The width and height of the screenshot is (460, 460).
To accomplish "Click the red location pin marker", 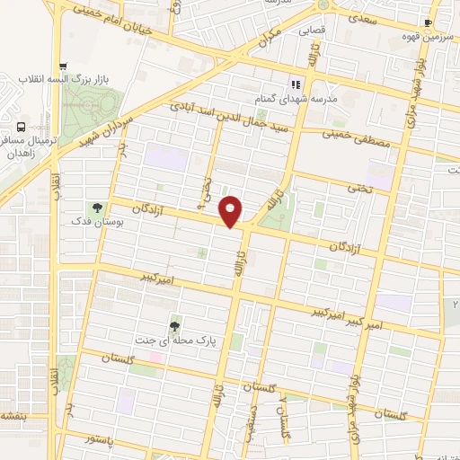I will (231, 210).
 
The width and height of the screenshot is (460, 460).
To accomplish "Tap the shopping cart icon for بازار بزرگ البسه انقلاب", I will (62, 66).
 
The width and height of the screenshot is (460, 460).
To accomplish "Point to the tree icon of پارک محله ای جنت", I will (174, 326).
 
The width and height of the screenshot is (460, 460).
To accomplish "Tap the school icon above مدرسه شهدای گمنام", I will (294, 85).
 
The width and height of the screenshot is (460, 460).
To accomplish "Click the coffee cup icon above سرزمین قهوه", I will (428, 22).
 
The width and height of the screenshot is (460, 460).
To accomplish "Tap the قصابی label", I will (311, 30).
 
